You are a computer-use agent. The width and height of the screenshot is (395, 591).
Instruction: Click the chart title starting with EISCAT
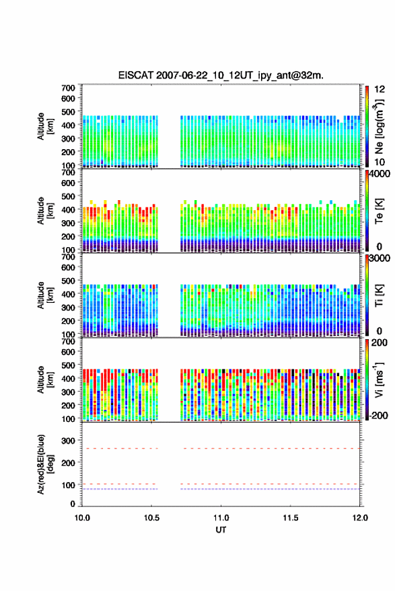click(221, 75)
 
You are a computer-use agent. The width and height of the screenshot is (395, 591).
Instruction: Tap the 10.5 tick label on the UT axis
click(151, 518)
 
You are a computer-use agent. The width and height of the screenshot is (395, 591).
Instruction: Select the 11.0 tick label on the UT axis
click(221, 518)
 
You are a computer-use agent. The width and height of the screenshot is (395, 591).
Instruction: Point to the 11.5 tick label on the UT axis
click(291, 518)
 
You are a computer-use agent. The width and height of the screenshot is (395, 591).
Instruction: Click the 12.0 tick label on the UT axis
click(360, 518)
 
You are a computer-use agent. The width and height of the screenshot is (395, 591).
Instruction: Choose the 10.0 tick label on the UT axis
click(82, 518)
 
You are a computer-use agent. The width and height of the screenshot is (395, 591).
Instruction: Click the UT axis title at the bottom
click(221, 530)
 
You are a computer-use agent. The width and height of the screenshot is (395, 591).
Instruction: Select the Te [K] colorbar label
click(379, 211)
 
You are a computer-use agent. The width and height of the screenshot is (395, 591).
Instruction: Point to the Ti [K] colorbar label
click(379, 295)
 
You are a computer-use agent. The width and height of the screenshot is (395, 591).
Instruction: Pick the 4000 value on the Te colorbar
click(380, 175)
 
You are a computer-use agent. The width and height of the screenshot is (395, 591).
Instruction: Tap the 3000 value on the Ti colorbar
click(380, 258)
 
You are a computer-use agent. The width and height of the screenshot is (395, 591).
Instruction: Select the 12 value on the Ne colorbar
click(380, 89)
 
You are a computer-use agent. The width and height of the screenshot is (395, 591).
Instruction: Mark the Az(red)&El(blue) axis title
click(44, 464)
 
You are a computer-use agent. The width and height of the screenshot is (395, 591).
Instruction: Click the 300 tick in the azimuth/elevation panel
click(69, 441)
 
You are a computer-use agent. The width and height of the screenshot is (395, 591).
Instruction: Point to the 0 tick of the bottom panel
click(73, 504)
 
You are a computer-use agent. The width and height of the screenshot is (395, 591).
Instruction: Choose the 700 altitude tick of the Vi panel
click(69, 341)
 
